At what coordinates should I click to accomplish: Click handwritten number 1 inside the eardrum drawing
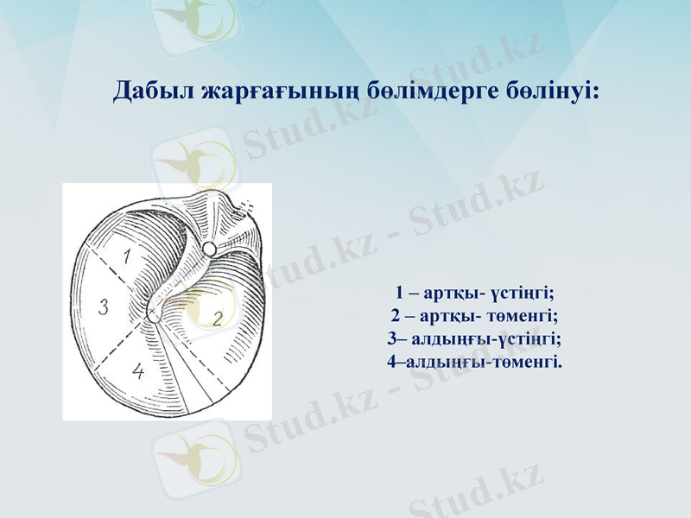(x=127, y=256)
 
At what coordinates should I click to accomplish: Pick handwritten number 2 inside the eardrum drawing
(x=218, y=319)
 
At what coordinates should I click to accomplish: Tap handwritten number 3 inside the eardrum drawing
(x=103, y=306)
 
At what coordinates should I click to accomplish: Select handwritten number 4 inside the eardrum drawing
(x=138, y=372)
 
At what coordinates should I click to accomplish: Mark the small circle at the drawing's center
(x=154, y=316)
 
